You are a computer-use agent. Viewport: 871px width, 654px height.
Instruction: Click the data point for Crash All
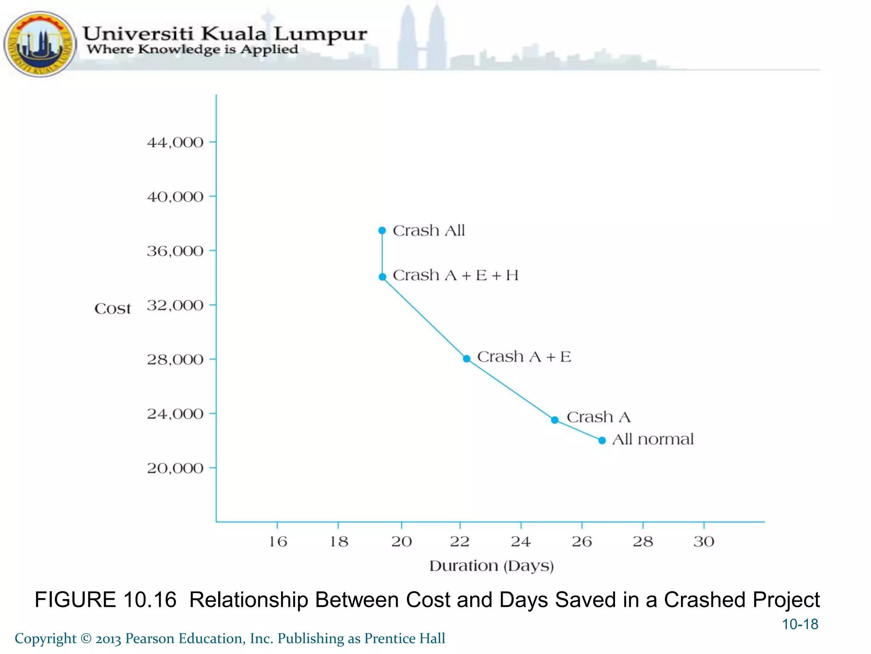[382, 230]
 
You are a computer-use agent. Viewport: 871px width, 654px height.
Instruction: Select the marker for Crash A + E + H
[382, 277]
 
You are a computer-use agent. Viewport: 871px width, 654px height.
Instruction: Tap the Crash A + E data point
[467, 359]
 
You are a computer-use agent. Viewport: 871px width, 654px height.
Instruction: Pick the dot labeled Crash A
[555, 420]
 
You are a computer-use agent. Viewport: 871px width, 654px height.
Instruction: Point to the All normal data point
[602, 440]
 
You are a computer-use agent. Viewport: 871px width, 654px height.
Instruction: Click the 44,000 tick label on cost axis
[175, 143]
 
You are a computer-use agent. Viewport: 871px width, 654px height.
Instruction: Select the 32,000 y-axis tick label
[175, 306]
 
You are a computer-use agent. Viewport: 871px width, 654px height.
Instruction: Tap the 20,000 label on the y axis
[175, 468]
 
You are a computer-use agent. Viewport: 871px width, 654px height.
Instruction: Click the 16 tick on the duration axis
[278, 542]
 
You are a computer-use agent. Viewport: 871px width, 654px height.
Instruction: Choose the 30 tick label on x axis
[704, 542]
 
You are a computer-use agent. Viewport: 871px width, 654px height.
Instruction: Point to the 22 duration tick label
[460, 542]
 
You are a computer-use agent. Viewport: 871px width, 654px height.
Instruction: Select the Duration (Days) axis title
[491, 566]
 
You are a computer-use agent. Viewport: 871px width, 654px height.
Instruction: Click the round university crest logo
[40, 44]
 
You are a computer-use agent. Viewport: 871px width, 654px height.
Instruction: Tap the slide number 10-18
[800, 624]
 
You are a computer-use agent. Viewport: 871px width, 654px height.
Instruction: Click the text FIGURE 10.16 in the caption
[105, 600]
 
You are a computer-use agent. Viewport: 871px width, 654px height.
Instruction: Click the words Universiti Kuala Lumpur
[225, 34]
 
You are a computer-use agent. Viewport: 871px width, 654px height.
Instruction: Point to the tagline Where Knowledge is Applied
[192, 49]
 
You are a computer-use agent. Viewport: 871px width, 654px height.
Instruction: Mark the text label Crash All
[429, 230]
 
